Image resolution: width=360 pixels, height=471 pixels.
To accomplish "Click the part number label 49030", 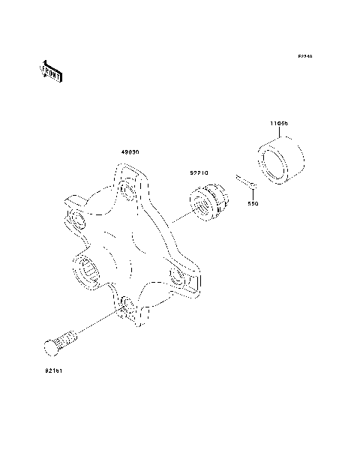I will pos(130,152).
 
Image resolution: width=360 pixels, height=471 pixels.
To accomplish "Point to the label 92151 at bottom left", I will pos(52,370).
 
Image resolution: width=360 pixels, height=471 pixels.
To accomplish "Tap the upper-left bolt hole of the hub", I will pos(76,218).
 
